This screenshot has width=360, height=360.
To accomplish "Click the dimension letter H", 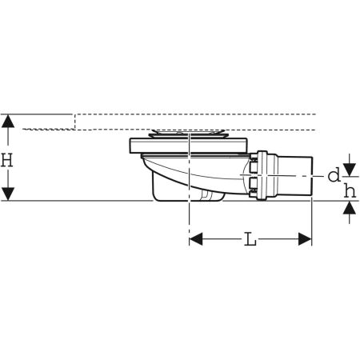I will [8, 159].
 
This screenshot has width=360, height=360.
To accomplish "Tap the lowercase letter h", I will [349, 190].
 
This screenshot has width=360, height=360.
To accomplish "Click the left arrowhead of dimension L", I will [195, 238].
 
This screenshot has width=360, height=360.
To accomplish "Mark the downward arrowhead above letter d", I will [349, 163].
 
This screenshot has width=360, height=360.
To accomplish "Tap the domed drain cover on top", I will [188, 132].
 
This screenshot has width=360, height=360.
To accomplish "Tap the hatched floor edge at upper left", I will [48, 128].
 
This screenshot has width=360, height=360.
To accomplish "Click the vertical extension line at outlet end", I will [311, 220].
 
